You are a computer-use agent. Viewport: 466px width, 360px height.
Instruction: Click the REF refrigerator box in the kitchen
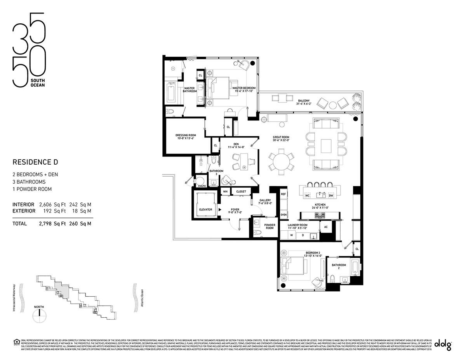click(x=283, y=194)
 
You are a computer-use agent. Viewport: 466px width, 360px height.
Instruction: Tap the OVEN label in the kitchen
click(x=283, y=214)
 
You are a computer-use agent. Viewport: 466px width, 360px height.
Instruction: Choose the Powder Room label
click(x=270, y=227)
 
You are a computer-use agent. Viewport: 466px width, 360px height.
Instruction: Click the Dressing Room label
click(x=185, y=137)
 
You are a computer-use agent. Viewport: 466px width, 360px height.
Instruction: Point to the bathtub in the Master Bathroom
click(x=172, y=93)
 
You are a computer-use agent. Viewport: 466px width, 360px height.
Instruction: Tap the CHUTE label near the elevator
click(x=202, y=186)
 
